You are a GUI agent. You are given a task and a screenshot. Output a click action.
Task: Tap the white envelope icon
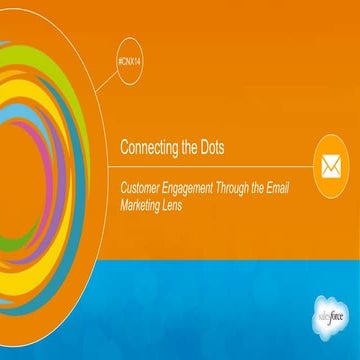click(330, 162)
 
